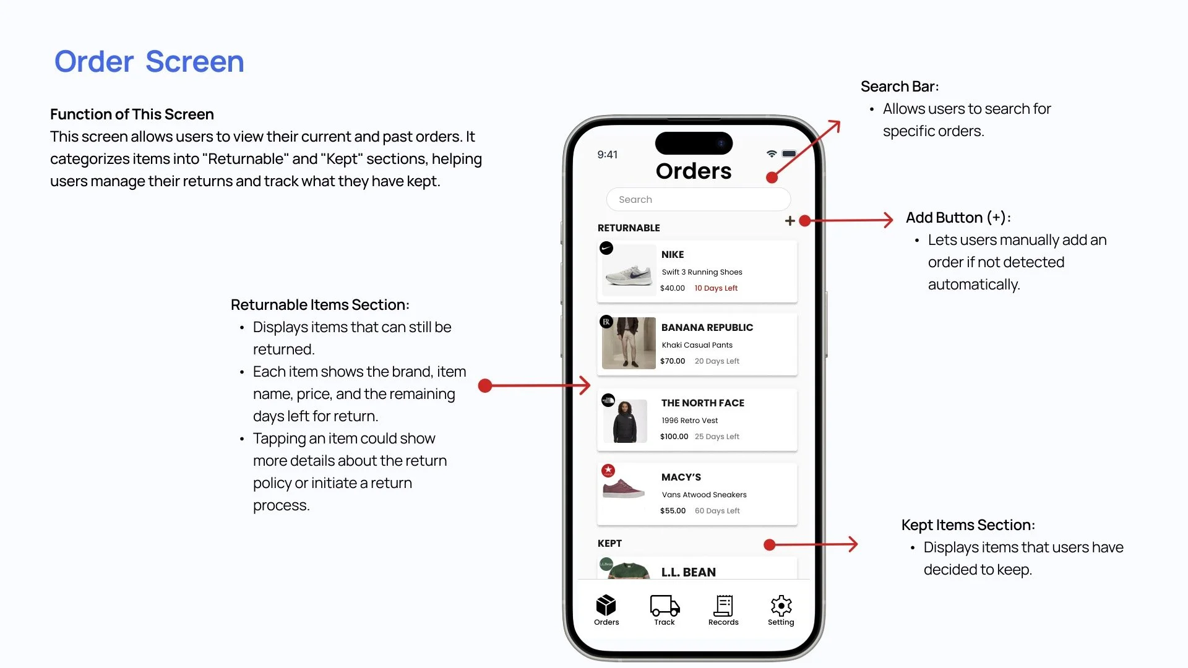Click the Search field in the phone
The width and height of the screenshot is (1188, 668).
[698, 199]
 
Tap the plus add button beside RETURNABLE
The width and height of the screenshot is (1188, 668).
[790, 221]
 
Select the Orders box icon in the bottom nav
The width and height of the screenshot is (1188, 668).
[606, 605]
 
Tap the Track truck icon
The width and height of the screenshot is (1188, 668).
[665, 606]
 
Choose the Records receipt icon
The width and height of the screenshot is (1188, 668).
[723, 606]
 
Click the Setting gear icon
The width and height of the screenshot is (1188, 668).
[781, 606]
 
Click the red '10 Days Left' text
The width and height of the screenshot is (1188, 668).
[716, 288]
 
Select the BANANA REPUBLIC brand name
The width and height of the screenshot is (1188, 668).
[707, 327]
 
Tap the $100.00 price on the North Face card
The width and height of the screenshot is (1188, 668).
[674, 437]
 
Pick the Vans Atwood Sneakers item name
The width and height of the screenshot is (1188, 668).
[704, 495]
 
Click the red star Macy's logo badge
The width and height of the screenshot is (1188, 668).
[608, 471]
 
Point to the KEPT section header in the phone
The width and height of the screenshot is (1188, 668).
[609, 543]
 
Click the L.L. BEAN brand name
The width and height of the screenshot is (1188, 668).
[688, 572]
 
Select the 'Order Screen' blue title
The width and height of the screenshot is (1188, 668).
[149, 61]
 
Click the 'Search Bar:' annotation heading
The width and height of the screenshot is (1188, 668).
[900, 87]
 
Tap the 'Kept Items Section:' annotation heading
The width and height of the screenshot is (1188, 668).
[968, 525]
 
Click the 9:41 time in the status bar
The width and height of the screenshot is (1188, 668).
[607, 155]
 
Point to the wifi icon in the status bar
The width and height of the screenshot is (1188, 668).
[771, 153]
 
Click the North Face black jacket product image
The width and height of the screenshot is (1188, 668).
[625, 421]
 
